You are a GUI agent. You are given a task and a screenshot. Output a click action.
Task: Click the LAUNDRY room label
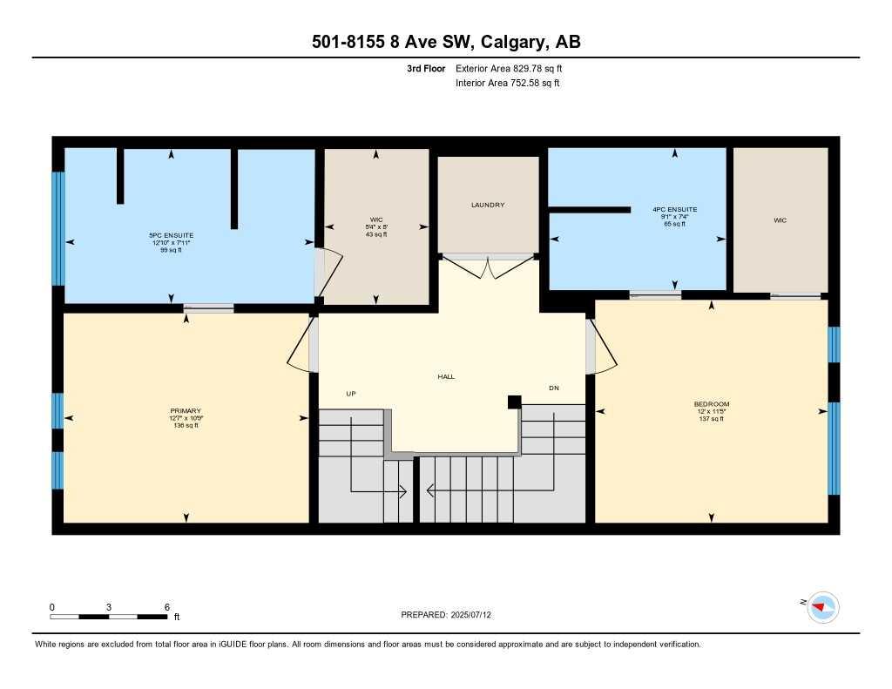click(488, 205)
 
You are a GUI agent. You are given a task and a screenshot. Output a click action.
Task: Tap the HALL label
click(446, 376)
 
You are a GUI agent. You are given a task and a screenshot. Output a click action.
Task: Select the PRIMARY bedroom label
click(186, 411)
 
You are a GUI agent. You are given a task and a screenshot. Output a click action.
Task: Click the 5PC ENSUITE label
click(171, 235)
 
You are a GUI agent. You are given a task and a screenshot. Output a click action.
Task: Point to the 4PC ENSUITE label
click(674, 210)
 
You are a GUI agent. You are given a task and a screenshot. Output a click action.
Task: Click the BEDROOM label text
click(711, 404)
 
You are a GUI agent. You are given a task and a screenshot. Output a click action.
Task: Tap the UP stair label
click(351, 394)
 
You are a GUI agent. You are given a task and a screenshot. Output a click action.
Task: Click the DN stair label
click(553, 388)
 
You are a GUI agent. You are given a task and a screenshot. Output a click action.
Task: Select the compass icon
click(822, 606)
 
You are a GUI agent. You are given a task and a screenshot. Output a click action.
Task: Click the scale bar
click(109, 617)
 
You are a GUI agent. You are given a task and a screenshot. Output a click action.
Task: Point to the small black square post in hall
click(515, 402)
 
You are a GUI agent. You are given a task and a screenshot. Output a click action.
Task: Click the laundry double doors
click(488, 264)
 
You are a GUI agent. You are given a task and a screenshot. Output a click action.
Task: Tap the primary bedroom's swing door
click(302, 346)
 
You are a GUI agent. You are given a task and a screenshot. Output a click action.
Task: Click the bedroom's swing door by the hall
click(600, 346)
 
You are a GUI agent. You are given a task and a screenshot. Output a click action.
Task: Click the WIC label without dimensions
click(780, 220)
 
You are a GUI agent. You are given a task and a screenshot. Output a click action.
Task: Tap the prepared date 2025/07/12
click(476, 615)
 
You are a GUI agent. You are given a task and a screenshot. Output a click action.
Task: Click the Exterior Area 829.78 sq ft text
click(515, 68)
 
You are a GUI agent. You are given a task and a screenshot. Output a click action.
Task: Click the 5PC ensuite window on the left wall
click(58, 228)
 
